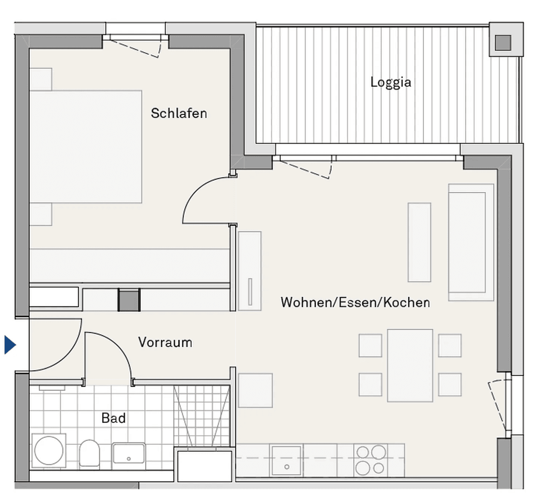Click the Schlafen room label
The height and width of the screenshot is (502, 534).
(x=179, y=113)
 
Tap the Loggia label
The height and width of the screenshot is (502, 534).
(x=391, y=82)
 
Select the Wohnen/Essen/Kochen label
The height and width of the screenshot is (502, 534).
(x=355, y=303)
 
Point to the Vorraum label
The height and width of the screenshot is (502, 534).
(x=165, y=343)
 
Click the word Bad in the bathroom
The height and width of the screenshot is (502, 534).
(x=113, y=418)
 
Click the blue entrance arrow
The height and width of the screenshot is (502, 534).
(x=10, y=345)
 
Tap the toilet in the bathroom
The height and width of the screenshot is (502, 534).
(x=89, y=453)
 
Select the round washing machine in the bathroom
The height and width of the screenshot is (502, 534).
(x=49, y=450)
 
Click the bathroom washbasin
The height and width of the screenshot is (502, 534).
(x=129, y=453)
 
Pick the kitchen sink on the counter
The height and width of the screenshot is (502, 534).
(x=287, y=460)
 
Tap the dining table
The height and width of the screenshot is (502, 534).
(x=410, y=365)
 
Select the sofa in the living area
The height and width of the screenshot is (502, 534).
(x=470, y=242)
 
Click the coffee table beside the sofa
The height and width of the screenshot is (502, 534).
(x=419, y=242)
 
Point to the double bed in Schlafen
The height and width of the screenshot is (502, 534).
(x=86, y=146)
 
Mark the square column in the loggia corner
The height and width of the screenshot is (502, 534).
(x=503, y=43)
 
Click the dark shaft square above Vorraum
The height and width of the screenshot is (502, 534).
(x=129, y=300)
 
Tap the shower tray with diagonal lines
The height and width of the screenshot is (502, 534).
(x=201, y=415)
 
